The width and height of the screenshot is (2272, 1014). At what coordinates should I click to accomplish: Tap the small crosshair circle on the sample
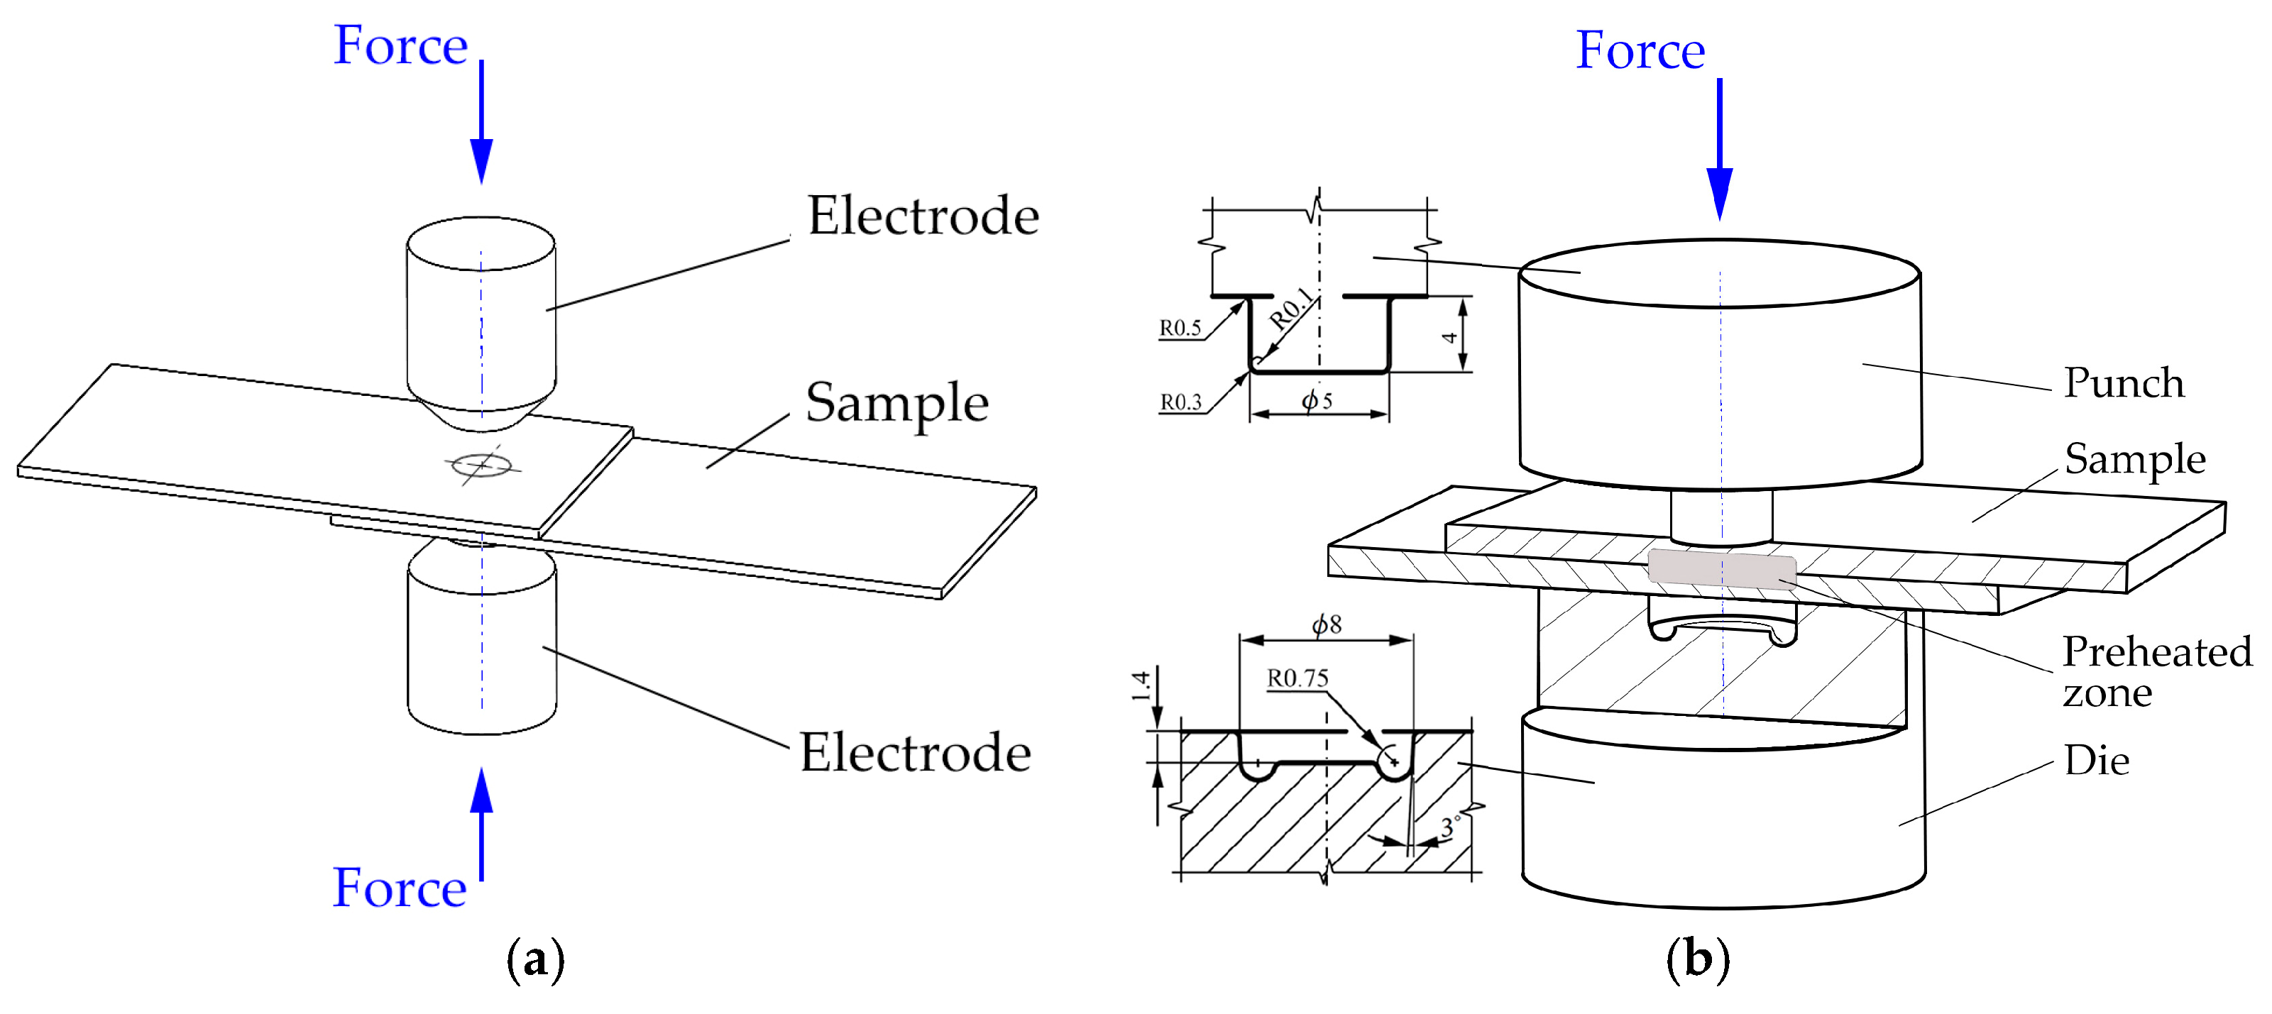[x=481, y=464]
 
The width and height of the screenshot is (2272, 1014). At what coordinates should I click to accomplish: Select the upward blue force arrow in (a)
[x=481, y=820]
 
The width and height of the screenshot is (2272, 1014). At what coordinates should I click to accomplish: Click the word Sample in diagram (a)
[x=896, y=403]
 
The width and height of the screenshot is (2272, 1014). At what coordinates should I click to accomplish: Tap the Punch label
[x=2124, y=384]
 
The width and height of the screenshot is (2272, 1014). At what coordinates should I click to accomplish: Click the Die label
[x=2097, y=760]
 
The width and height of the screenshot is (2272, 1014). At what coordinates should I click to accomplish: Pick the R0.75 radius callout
[x=1297, y=678]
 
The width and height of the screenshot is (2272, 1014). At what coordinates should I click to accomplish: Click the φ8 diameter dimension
[x=1327, y=624]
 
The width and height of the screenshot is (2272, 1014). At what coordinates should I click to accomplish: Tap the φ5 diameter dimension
[x=1317, y=400]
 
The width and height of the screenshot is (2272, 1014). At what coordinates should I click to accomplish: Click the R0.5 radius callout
[x=1180, y=328]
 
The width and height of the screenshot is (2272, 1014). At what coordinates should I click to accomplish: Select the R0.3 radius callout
[x=1180, y=402]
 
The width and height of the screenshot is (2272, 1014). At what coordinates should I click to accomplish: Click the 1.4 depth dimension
[x=1141, y=686]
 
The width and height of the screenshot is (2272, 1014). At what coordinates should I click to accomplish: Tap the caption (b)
[x=1698, y=959]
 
